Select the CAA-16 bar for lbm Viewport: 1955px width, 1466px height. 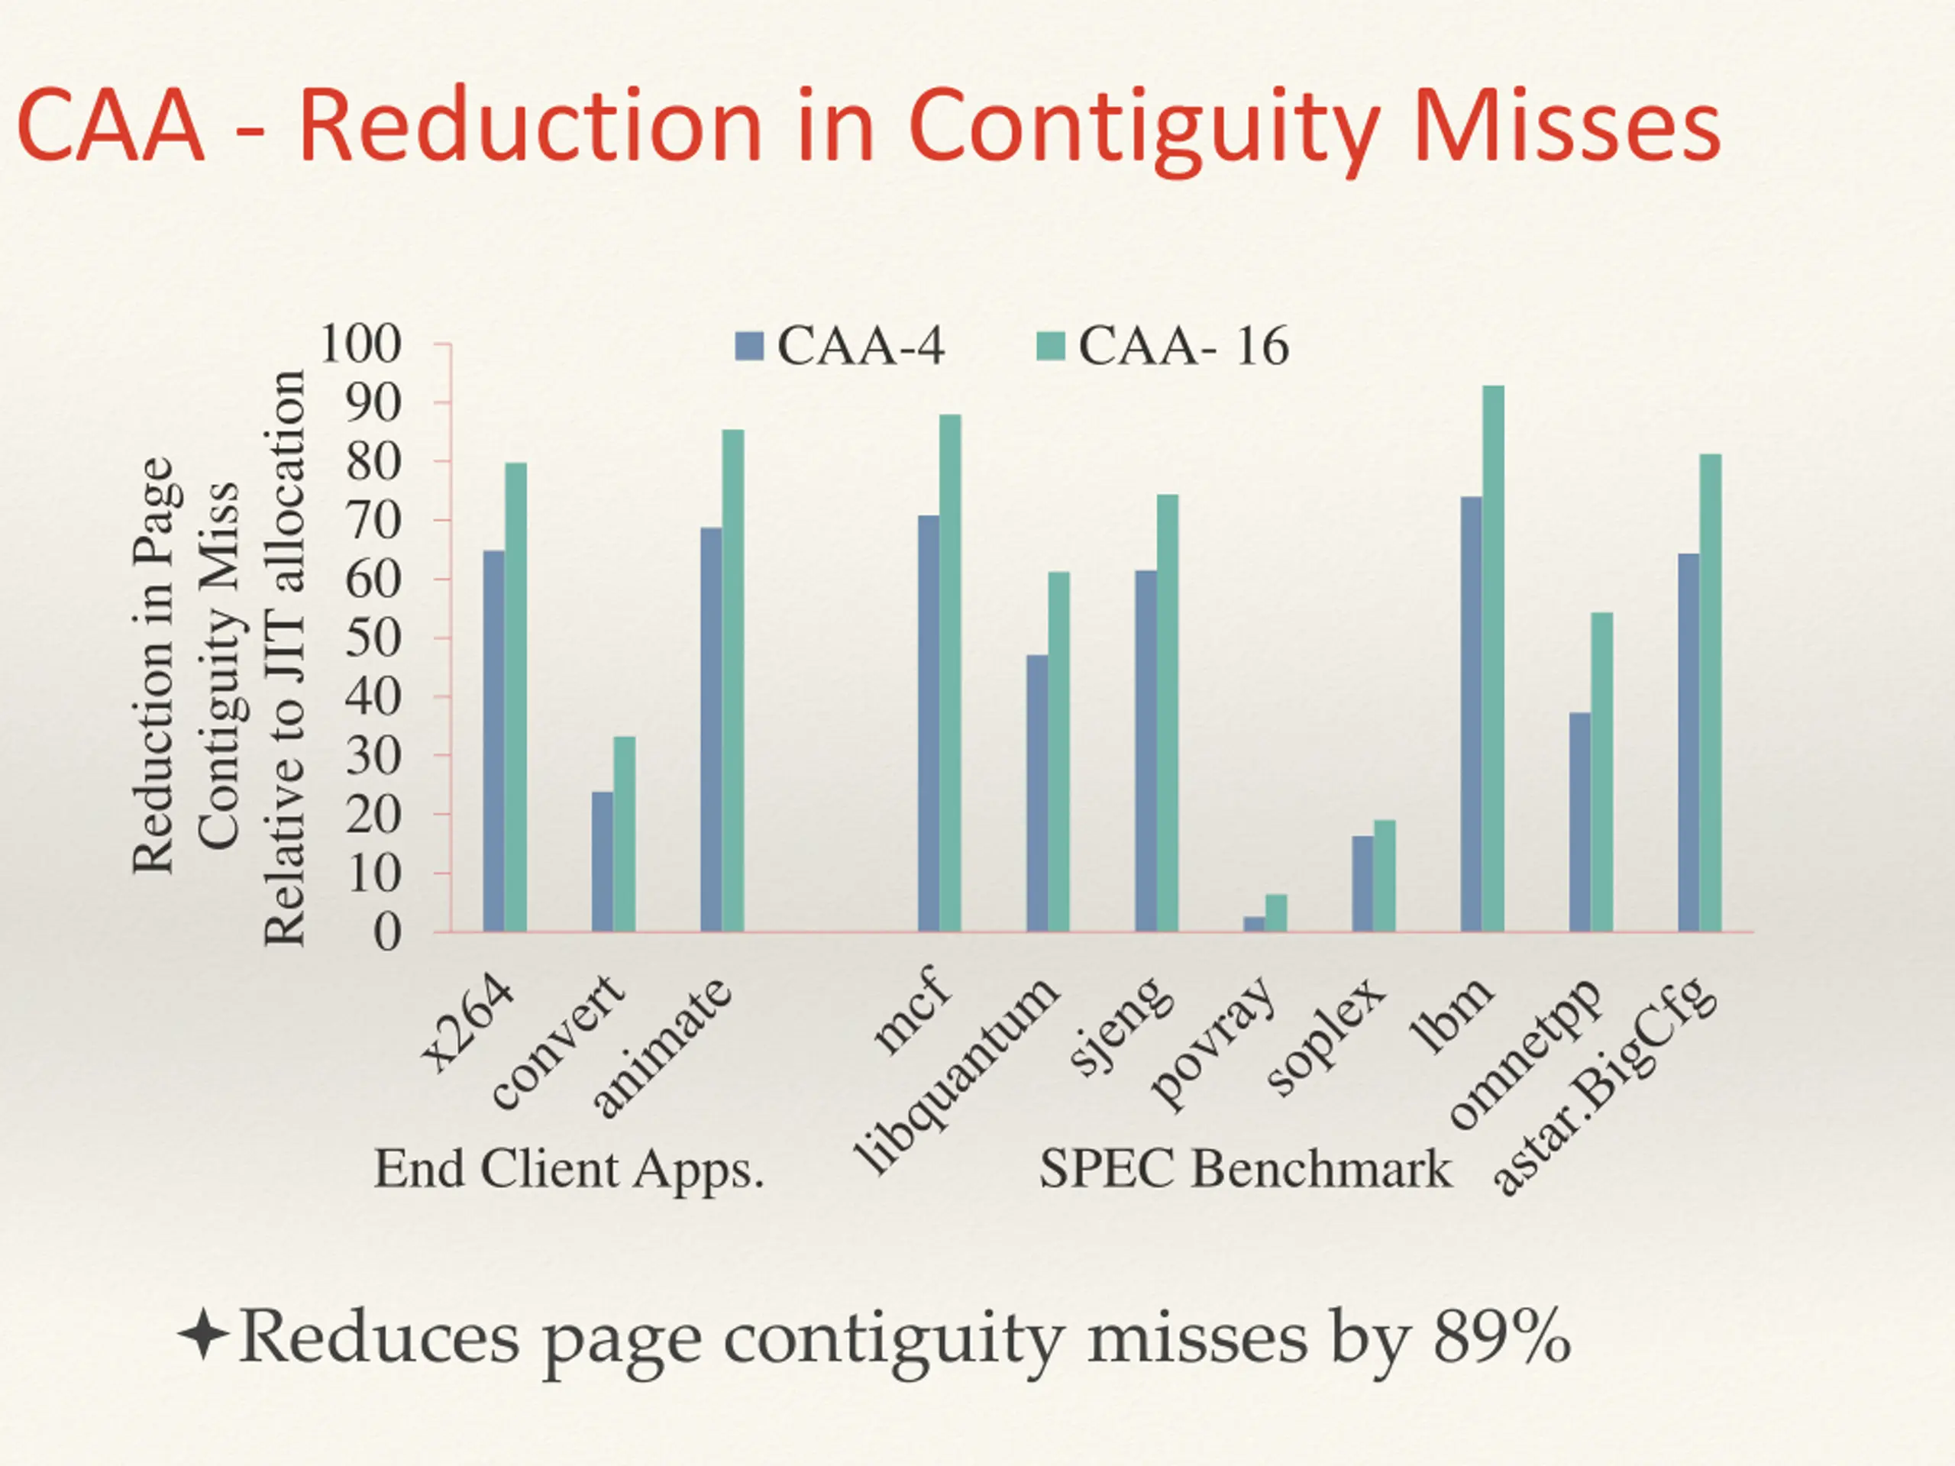click(x=1493, y=658)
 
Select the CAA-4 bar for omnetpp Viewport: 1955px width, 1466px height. click(x=1579, y=822)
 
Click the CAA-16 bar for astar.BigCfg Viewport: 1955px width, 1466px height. click(x=1710, y=693)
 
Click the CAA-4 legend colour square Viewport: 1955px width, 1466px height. click(x=748, y=346)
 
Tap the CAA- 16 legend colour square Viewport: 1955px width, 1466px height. click(x=1051, y=346)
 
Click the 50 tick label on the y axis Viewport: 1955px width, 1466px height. click(x=373, y=638)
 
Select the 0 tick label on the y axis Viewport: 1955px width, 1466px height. click(x=387, y=932)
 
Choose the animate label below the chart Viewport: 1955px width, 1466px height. click(x=663, y=1047)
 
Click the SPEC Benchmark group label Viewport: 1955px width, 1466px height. click(x=1246, y=1169)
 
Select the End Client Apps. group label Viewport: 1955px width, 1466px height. click(x=568, y=1169)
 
